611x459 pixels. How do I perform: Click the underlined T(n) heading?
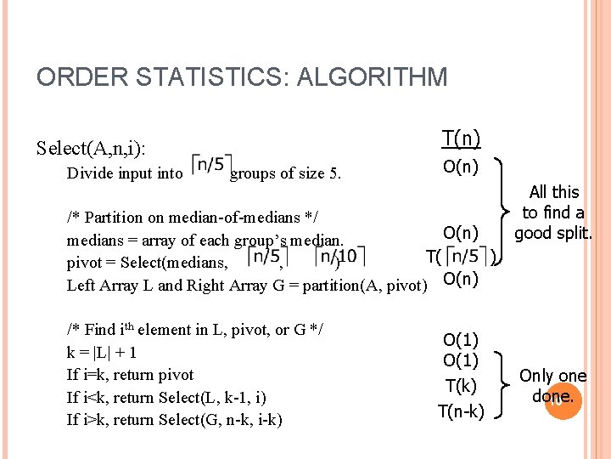(461, 138)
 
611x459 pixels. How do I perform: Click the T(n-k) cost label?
(461, 412)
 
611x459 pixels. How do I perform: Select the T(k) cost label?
(461, 386)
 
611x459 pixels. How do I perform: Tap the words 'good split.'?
(553, 233)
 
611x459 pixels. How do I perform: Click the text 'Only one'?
(553, 376)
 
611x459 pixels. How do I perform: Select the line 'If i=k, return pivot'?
(130, 375)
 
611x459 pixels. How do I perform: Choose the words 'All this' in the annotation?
(554, 192)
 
